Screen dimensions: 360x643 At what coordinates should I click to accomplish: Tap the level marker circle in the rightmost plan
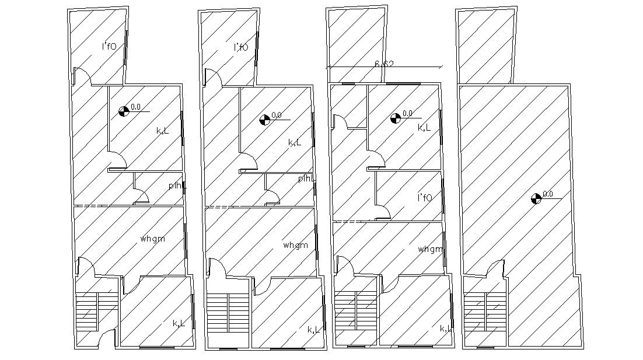536,198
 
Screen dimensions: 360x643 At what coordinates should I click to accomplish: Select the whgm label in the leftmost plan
152,239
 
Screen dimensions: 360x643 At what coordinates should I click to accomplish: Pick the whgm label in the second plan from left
295,245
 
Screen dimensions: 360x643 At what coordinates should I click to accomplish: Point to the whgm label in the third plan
430,249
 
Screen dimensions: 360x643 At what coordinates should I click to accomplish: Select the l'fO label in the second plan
240,47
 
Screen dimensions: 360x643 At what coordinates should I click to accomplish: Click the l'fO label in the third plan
425,197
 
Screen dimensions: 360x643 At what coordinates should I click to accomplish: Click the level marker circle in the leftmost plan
123,111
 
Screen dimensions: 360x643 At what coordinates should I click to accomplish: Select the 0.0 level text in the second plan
277,115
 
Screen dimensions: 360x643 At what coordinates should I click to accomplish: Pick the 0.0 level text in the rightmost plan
548,194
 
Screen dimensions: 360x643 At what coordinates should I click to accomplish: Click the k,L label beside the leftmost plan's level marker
163,131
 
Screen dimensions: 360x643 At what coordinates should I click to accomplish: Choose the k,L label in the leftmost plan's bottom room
179,323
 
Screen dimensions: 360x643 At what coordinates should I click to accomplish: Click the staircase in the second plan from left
228,313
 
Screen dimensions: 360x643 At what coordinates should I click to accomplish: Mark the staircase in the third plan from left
355,311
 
